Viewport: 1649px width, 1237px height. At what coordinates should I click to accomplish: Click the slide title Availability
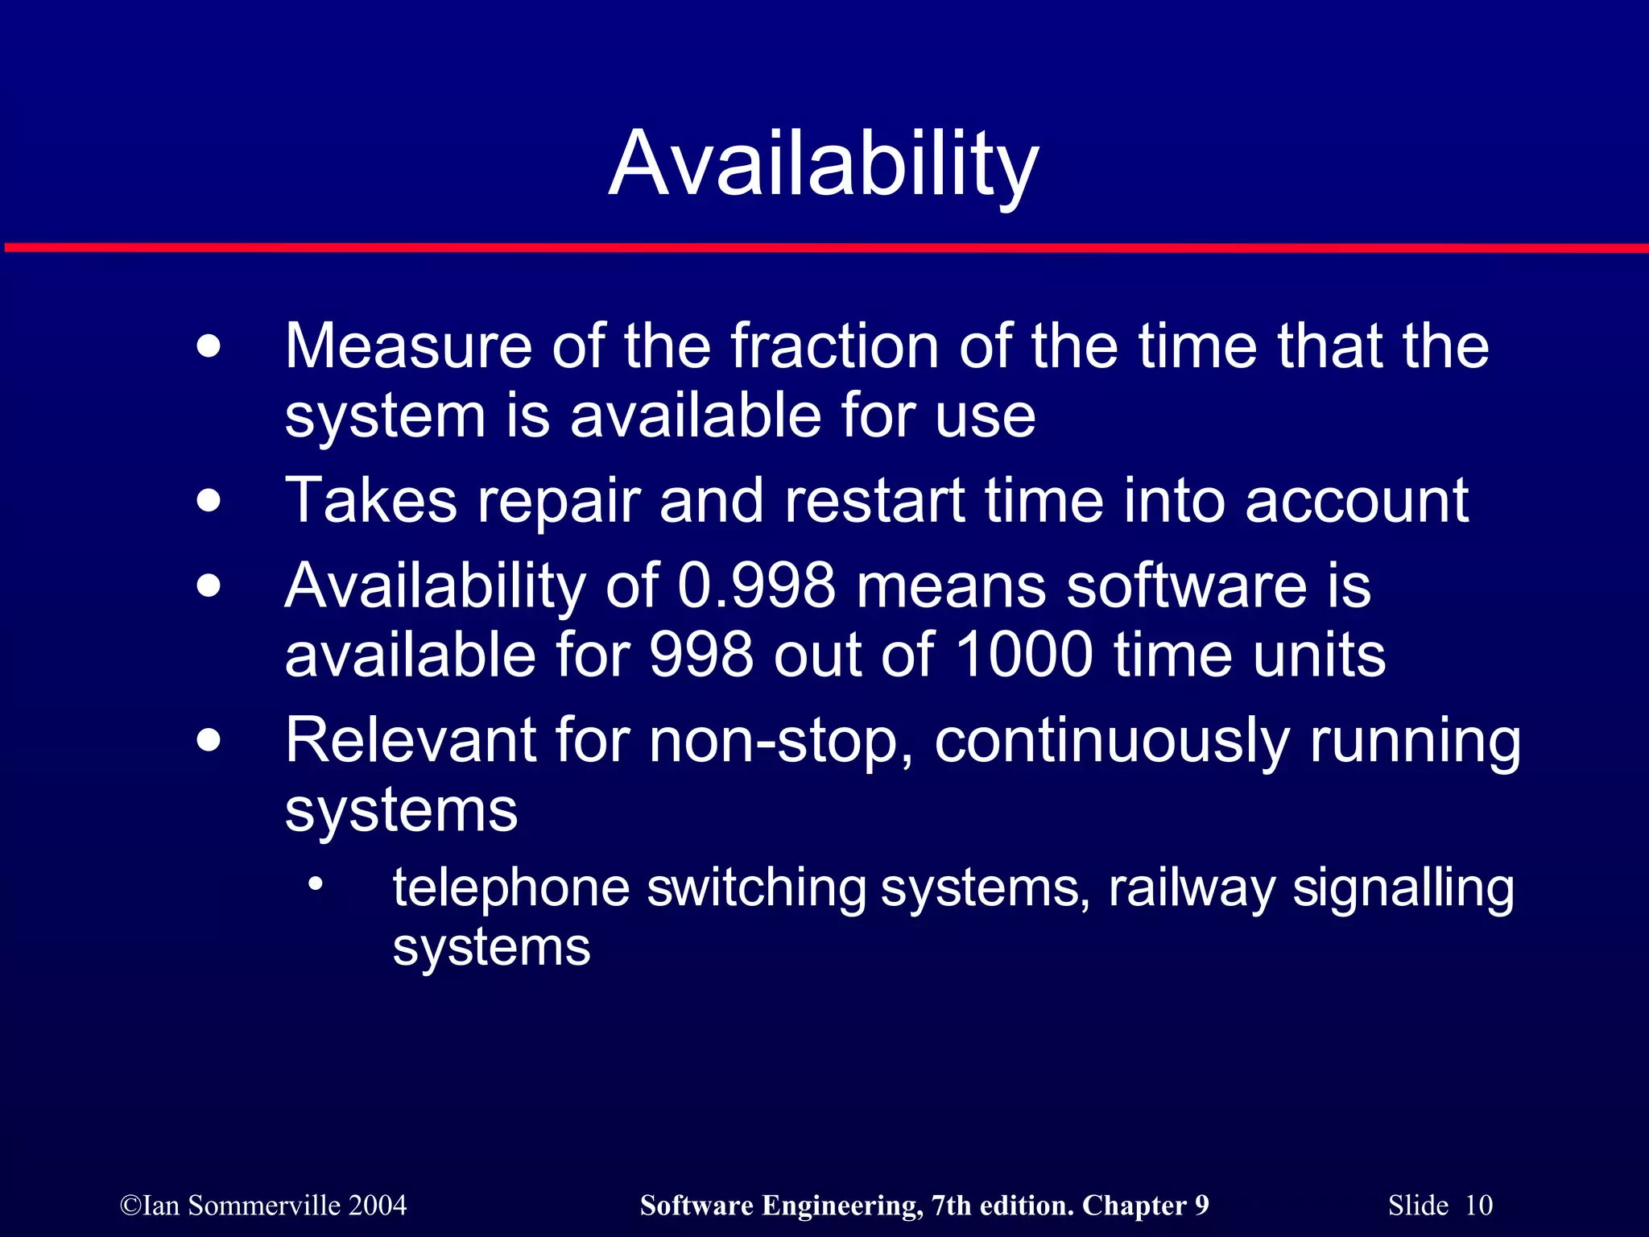[x=824, y=165]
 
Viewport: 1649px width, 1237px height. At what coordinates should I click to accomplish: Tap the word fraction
[x=834, y=346]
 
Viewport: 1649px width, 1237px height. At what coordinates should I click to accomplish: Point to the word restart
[x=874, y=501]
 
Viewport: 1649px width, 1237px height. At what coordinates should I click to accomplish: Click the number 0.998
[x=756, y=585]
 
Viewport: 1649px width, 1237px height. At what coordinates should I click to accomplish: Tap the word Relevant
[x=411, y=740]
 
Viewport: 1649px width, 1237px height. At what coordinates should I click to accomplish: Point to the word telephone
[x=510, y=888]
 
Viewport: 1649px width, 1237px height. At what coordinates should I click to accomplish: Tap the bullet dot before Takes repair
[x=209, y=501]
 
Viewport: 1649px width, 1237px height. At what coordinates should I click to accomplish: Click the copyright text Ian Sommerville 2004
[x=263, y=1206]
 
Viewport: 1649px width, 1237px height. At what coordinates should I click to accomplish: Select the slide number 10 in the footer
[x=1478, y=1206]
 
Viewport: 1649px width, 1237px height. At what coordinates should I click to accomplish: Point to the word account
[x=1357, y=501]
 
